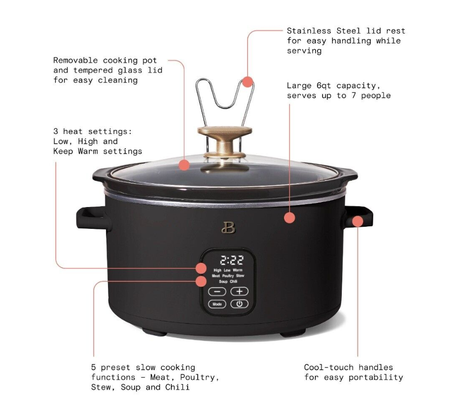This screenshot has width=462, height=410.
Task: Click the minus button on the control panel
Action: tap(217, 291)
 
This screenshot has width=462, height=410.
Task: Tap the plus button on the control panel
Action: tap(239, 291)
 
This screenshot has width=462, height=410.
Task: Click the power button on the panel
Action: tap(239, 304)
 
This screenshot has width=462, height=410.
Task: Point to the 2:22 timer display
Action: tap(232, 260)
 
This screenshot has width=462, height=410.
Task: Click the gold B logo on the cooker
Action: tap(228, 227)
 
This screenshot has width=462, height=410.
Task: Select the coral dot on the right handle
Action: tap(358, 221)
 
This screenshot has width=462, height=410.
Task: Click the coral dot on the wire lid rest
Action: tap(248, 82)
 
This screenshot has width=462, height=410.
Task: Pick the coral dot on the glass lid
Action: tap(184, 165)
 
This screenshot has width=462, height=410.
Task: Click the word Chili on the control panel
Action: tap(234, 282)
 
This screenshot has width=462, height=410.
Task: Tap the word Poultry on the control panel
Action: tap(228, 276)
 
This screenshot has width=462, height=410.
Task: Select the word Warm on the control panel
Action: tap(237, 270)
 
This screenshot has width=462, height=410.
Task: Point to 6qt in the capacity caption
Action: tap(324, 86)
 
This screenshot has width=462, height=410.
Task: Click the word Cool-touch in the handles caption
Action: tap(329, 367)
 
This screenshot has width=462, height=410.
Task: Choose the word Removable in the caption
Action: tap(76, 60)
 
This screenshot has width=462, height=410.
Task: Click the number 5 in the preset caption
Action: tap(93, 367)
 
